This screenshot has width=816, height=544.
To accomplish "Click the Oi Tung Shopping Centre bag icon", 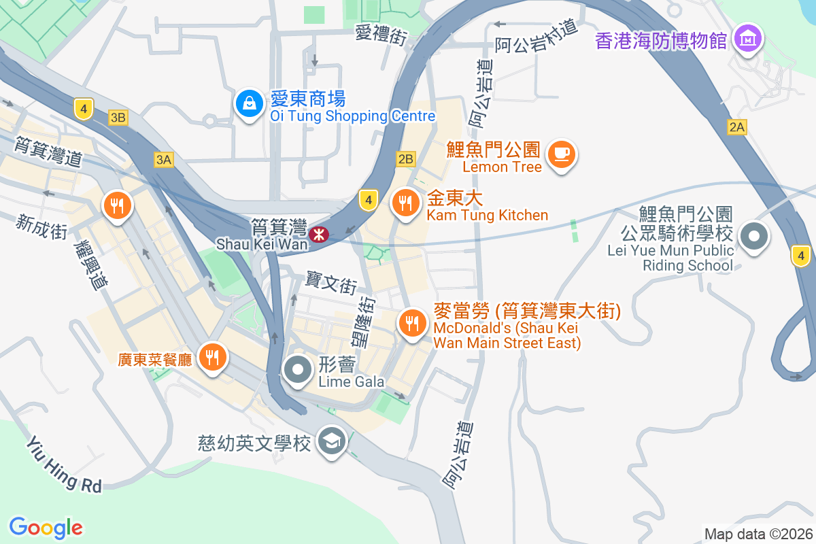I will [x=250, y=104].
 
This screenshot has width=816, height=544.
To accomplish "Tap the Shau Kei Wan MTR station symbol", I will [x=318, y=235].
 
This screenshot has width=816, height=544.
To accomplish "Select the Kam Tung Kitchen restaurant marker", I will [x=405, y=203].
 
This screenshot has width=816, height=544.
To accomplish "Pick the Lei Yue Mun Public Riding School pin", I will [x=754, y=237].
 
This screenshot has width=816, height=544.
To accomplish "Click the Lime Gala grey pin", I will [x=298, y=371].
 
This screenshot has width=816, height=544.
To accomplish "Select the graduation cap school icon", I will [x=333, y=441].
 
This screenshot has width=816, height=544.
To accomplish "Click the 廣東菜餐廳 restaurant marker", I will [x=212, y=356].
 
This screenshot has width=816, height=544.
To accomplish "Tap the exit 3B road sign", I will [x=118, y=118].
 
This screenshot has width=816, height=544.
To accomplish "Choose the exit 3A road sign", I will [x=163, y=160].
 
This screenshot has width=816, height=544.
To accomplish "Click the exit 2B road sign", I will [x=405, y=159].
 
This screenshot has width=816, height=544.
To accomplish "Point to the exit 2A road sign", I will [x=736, y=126].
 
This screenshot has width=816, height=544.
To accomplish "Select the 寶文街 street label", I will [x=331, y=281].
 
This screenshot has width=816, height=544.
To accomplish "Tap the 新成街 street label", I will [x=42, y=226].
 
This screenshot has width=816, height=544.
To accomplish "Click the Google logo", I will [x=46, y=527].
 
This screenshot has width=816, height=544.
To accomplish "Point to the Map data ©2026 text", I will [x=758, y=534].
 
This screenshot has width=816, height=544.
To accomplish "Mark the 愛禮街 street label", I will [x=381, y=34].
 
